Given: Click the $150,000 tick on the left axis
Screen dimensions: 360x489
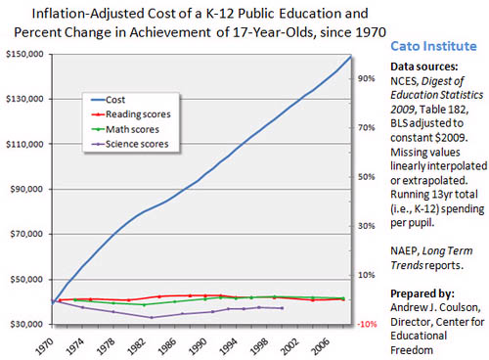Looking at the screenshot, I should [x=21, y=54].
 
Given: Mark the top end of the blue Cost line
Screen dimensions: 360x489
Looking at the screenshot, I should [x=350, y=57].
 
